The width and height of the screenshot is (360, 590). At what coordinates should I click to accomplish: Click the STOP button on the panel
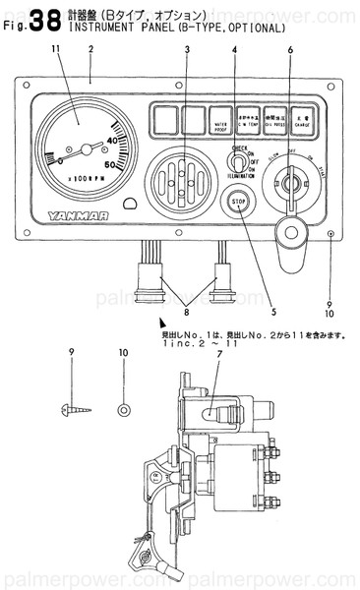[237, 201]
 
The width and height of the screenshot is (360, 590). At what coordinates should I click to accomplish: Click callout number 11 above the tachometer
[55, 49]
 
